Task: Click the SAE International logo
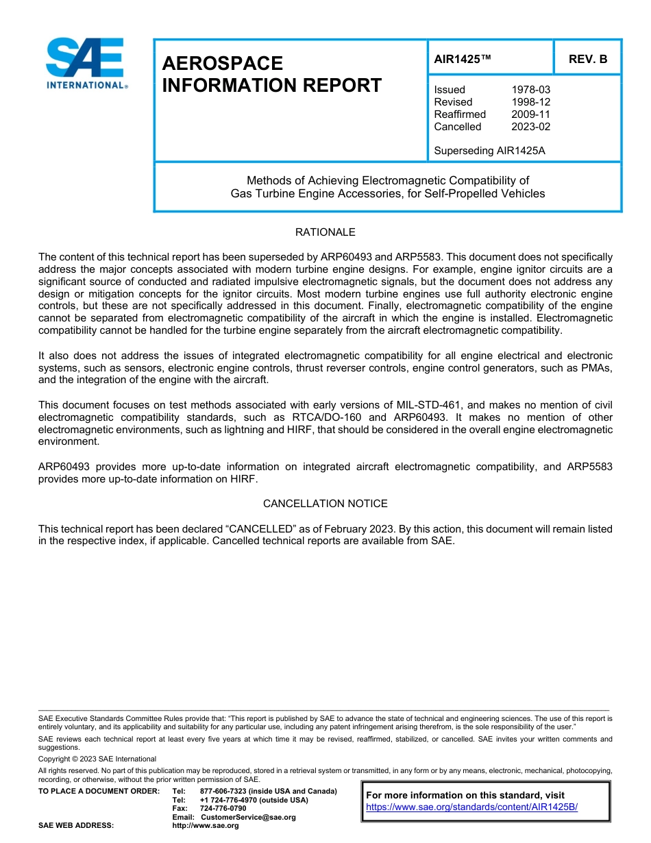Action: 85,64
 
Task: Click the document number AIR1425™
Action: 463,60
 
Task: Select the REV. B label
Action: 588,60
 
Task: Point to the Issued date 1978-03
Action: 530,90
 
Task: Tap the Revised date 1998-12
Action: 530,102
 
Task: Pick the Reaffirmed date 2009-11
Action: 530,114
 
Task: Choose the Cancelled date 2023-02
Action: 530,127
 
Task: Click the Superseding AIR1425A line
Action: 489,151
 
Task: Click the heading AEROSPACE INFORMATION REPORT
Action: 271,74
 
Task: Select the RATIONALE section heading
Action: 325,233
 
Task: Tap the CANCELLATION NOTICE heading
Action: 325,504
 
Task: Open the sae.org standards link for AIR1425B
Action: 471,807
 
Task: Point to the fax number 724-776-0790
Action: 223,809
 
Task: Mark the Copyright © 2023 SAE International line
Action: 97,759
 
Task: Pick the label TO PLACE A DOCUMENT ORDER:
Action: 99,792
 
